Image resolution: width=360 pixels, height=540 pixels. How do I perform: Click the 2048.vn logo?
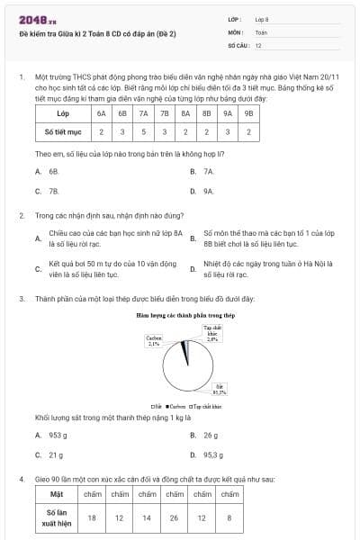pos(31,18)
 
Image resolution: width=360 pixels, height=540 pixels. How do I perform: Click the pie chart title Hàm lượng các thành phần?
pos(185,316)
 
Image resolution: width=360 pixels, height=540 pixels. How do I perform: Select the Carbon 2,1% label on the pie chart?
pos(153,341)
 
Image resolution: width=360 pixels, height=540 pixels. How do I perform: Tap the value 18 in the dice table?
pos(92,517)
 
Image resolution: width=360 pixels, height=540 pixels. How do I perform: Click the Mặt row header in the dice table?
pos(57,494)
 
